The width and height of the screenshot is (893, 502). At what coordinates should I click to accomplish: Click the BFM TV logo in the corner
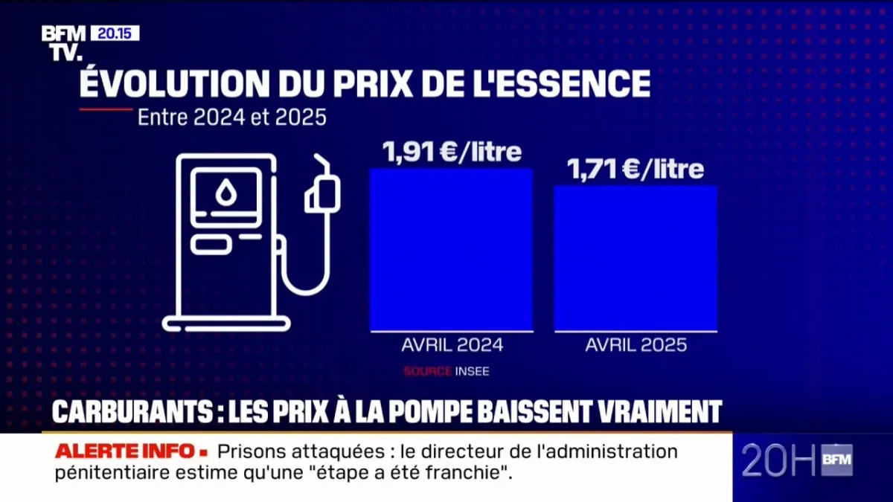point(63,42)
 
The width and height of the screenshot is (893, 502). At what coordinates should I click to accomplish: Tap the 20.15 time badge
point(115,33)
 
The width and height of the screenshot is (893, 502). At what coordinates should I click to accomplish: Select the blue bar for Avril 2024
point(451,249)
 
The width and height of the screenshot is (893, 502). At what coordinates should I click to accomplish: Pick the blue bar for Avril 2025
point(636,258)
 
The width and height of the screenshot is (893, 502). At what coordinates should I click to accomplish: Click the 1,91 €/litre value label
point(452,152)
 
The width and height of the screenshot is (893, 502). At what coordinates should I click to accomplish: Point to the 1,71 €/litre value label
point(636,170)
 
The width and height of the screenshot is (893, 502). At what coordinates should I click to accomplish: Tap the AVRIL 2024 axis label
point(452,345)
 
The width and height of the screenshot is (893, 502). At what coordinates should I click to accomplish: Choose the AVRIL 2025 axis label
point(636,345)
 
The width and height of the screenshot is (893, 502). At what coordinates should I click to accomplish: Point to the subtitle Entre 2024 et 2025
point(232,118)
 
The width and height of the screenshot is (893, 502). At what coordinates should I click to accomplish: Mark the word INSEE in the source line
point(472,370)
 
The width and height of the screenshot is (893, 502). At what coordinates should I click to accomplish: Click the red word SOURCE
point(427,370)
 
